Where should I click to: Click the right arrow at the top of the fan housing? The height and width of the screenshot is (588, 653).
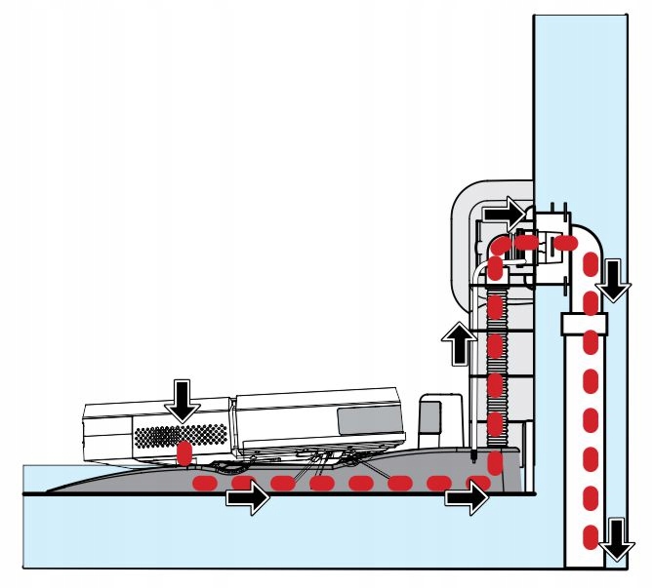(x=507, y=210)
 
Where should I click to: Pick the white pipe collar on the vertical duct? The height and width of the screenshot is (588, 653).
(x=584, y=323)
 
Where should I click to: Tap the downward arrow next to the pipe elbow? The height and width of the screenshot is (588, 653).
(x=612, y=278)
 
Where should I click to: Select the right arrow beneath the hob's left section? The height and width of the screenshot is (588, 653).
(x=247, y=499)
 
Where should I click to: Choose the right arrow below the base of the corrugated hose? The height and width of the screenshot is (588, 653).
(x=466, y=499)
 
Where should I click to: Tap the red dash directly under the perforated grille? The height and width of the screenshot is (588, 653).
(x=183, y=455)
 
